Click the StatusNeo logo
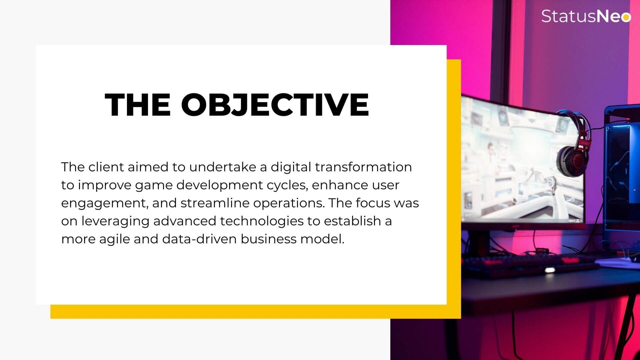[x=586, y=16]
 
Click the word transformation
[x=363, y=167]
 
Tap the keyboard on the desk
[x=530, y=265]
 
